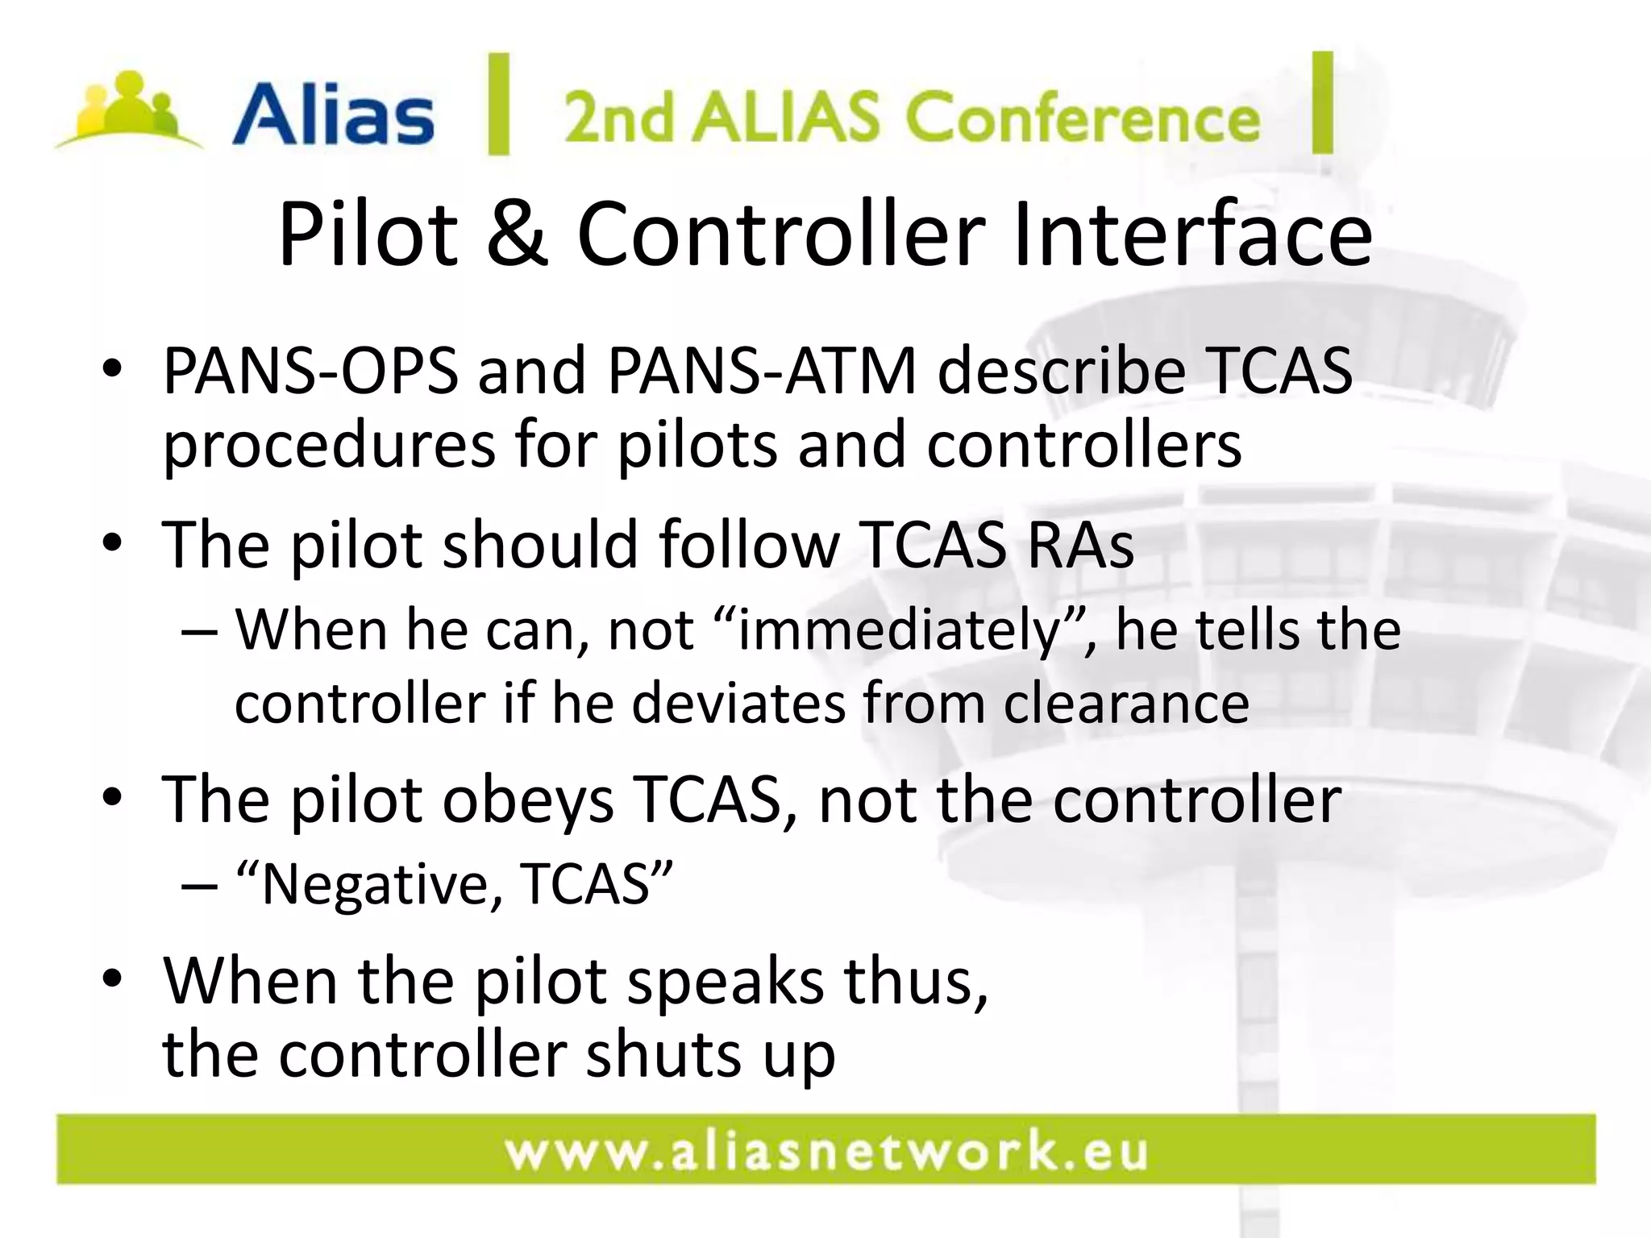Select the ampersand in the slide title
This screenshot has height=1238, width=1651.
click(517, 234)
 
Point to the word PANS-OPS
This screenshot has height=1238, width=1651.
click(310, 372)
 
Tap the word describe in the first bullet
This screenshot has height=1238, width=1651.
click(1062, 372)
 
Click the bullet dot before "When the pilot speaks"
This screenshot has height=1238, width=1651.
click(112, 978)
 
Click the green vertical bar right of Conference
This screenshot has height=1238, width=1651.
click(1322, 102)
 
